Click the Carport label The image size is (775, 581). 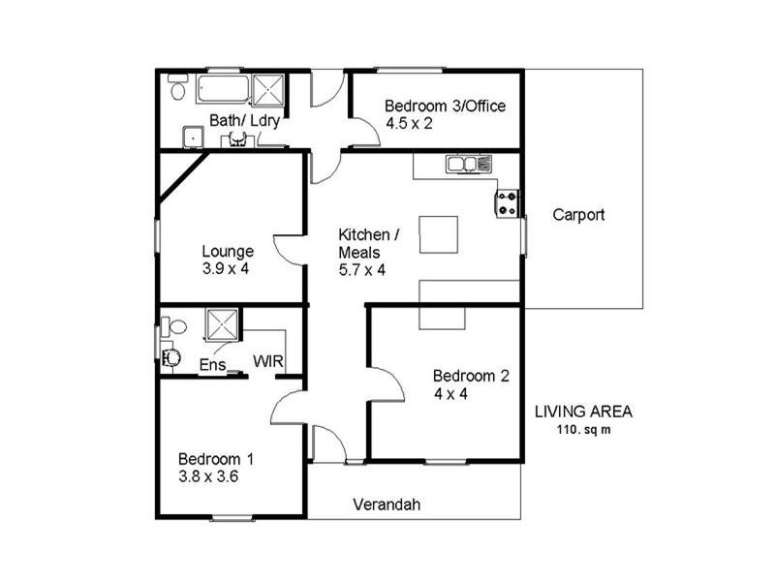point(578,215)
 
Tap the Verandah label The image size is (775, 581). point(387,505)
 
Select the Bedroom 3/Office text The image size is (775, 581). point(445,106)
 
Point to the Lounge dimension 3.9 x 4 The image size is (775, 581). point(226,268)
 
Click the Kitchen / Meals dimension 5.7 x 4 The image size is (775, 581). point(361,269)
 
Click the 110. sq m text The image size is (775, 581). point(583,429)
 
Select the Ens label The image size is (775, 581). point(211,365)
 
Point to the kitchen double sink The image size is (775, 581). point(469,166)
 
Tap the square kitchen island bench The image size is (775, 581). point(439,233)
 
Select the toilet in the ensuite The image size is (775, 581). point(171,357)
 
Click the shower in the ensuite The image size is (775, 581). point(223,324)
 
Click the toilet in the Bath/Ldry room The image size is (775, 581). point(177,89)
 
